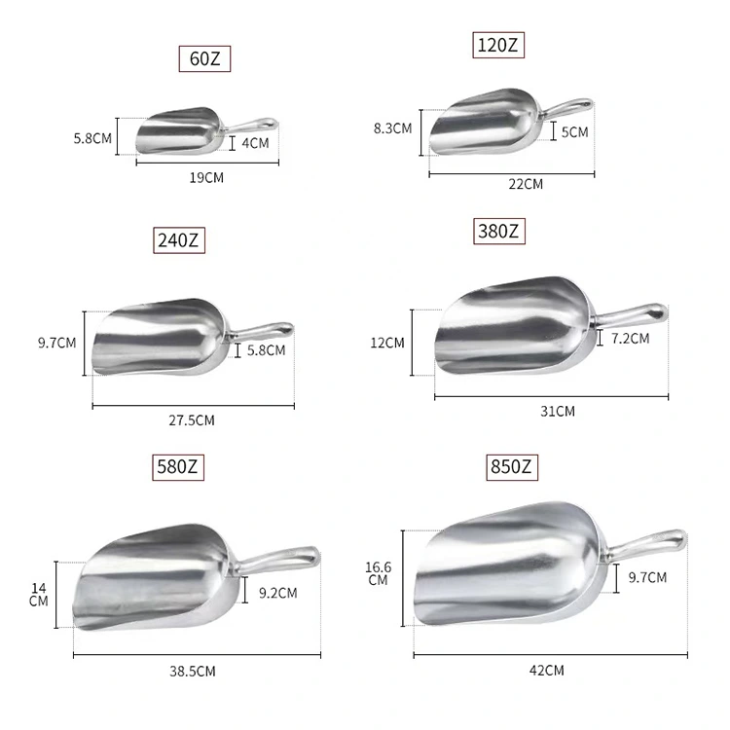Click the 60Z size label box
tap(204, 58)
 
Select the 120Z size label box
tap(498, 45)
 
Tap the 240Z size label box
tap(179, 240)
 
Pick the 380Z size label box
tap(498, 231)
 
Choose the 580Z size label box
tap(178, 467)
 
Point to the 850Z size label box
tap(511, 467)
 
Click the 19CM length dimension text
tap(206, 178)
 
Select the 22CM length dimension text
tap(526, 184)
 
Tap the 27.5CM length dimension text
tap(192, 420)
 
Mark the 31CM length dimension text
tap(558, 412)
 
